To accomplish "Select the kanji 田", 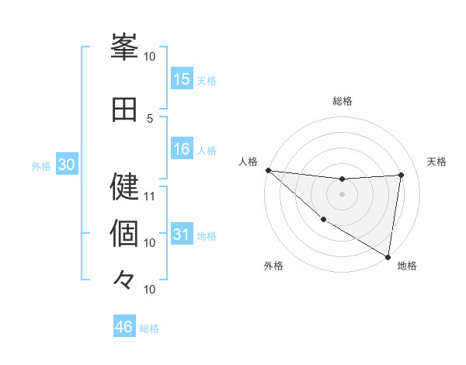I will pyautogui.click(x=125, y=109).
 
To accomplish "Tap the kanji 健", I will pyautogui.click(x=125, y=186).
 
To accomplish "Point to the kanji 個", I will pyautogui.click(x=125, y=232).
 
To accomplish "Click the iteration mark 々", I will pyautogui.click(x=124, y=279).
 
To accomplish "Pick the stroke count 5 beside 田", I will pyautogui.click(x=150, y=118).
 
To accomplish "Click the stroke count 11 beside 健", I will pyautogui.click(x=150, y=196).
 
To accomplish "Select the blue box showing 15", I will pyautogui.click(x=182, y=79).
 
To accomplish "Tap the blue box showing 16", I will pyautogui.click(x=182, y=149).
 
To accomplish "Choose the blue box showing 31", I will pyautogui.click(x=182, y=235).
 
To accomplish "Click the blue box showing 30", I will pyautogui.click(x=66, y=165).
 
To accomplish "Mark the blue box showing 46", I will pyautogui.click(x=124, y=327).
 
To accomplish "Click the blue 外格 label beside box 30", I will pyautogui.click(x=41, y=165).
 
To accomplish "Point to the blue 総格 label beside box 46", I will pyautogui.click(x=149, y=328).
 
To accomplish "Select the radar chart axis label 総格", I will pyautogui.click(x=342, y=101).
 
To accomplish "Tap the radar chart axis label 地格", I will pyautogui.click(x=407, y=266).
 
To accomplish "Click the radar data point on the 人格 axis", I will pyautogui.click(x=268, y=170).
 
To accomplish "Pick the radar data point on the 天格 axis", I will pyautogui.click(x=401, y=175).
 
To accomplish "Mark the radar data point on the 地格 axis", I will pyautogui.click(x=387, y=256).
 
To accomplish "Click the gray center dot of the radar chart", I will pyautogui.click(x=342, y=194).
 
